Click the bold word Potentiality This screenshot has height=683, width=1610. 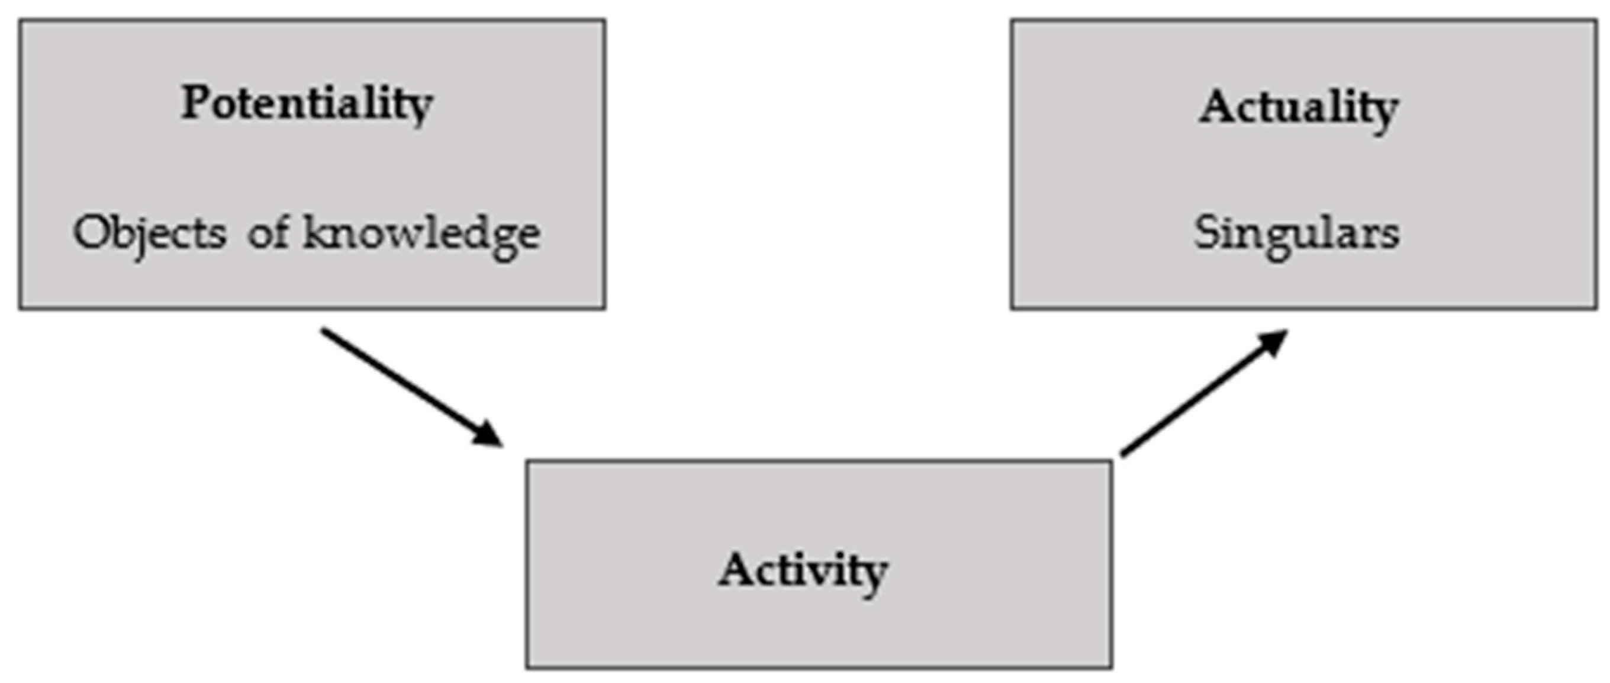[306, 104]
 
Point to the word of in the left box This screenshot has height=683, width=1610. [268, 233]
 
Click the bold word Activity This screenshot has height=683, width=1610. [803, 570]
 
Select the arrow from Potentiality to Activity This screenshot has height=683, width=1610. [406, 384]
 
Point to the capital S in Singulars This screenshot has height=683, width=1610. [1206, 232]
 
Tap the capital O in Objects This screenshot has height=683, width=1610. [90, 232]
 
